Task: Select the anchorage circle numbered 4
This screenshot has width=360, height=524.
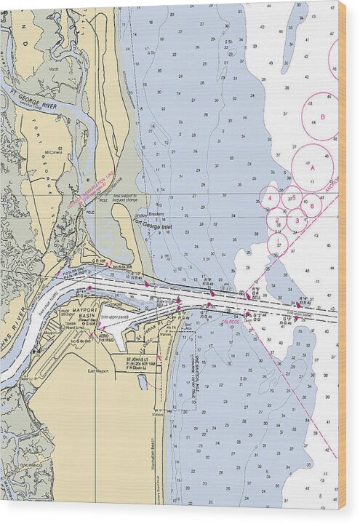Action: [270, 197]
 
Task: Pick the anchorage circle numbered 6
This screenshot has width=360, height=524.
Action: [311, 205]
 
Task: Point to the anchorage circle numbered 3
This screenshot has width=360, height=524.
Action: [296, 219]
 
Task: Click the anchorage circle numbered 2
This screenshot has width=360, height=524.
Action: [277, 219]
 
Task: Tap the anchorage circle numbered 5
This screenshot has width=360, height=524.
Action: [292, 198]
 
